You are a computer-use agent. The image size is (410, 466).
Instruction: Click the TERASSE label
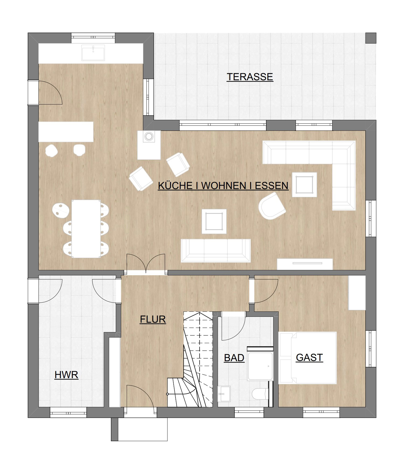pos(250,77)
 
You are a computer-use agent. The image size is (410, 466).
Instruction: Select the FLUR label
pos(153,319)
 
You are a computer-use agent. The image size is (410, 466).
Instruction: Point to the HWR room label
pos(66,375)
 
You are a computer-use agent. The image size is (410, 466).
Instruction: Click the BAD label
pos(234,358)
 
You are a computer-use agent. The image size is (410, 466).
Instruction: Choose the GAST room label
pos(309,357)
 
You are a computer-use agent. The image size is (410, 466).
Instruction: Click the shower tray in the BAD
pos(260,366)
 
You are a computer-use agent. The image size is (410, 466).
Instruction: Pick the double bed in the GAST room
pos(308,358)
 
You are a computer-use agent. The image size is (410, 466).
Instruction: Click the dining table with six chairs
pos(86,229)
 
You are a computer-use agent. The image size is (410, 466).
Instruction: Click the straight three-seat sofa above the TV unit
pos(216,251)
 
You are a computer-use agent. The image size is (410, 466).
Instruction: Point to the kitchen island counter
pos(66,132)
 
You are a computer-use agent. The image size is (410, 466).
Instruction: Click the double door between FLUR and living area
pos(146,264)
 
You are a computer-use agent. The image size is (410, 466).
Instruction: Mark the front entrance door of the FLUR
pos(140,398)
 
